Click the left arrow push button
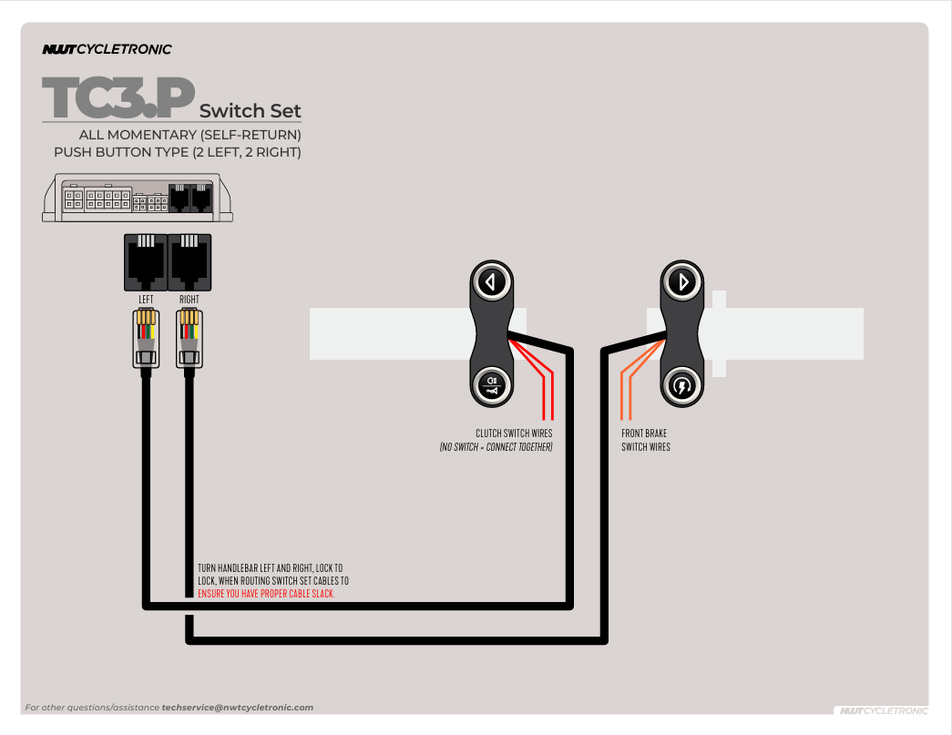pyautogui.click(x=492, y=281)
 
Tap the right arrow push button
pyautogui.click(x=682, y=281)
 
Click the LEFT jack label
pyautogui.click(x=146, y=299)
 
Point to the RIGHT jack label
pyautogui.click(x=189, y=299)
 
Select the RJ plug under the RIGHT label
pyautogui.click(x=189, y=338)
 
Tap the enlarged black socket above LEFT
pyautogui.click(x=146, y=261)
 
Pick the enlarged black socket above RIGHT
pyautogui.click(x=189, y=261)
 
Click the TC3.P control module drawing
pyautogui.click(x=140, y=198)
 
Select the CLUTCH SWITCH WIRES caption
pyautogui.click(x=514, y=434)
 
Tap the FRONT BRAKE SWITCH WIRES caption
pyautogui.click(x=645, y=440)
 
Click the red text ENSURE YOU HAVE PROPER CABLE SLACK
pyautogui.click(x=266, y=594)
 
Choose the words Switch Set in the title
pyautogui.click(x=250, y=111)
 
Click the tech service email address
pyautogui.click(x=237, y=708)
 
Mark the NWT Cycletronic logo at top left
pyautogui.click(x=107, y=49)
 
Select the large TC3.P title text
pyautogui.click(x=118, y=99)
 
